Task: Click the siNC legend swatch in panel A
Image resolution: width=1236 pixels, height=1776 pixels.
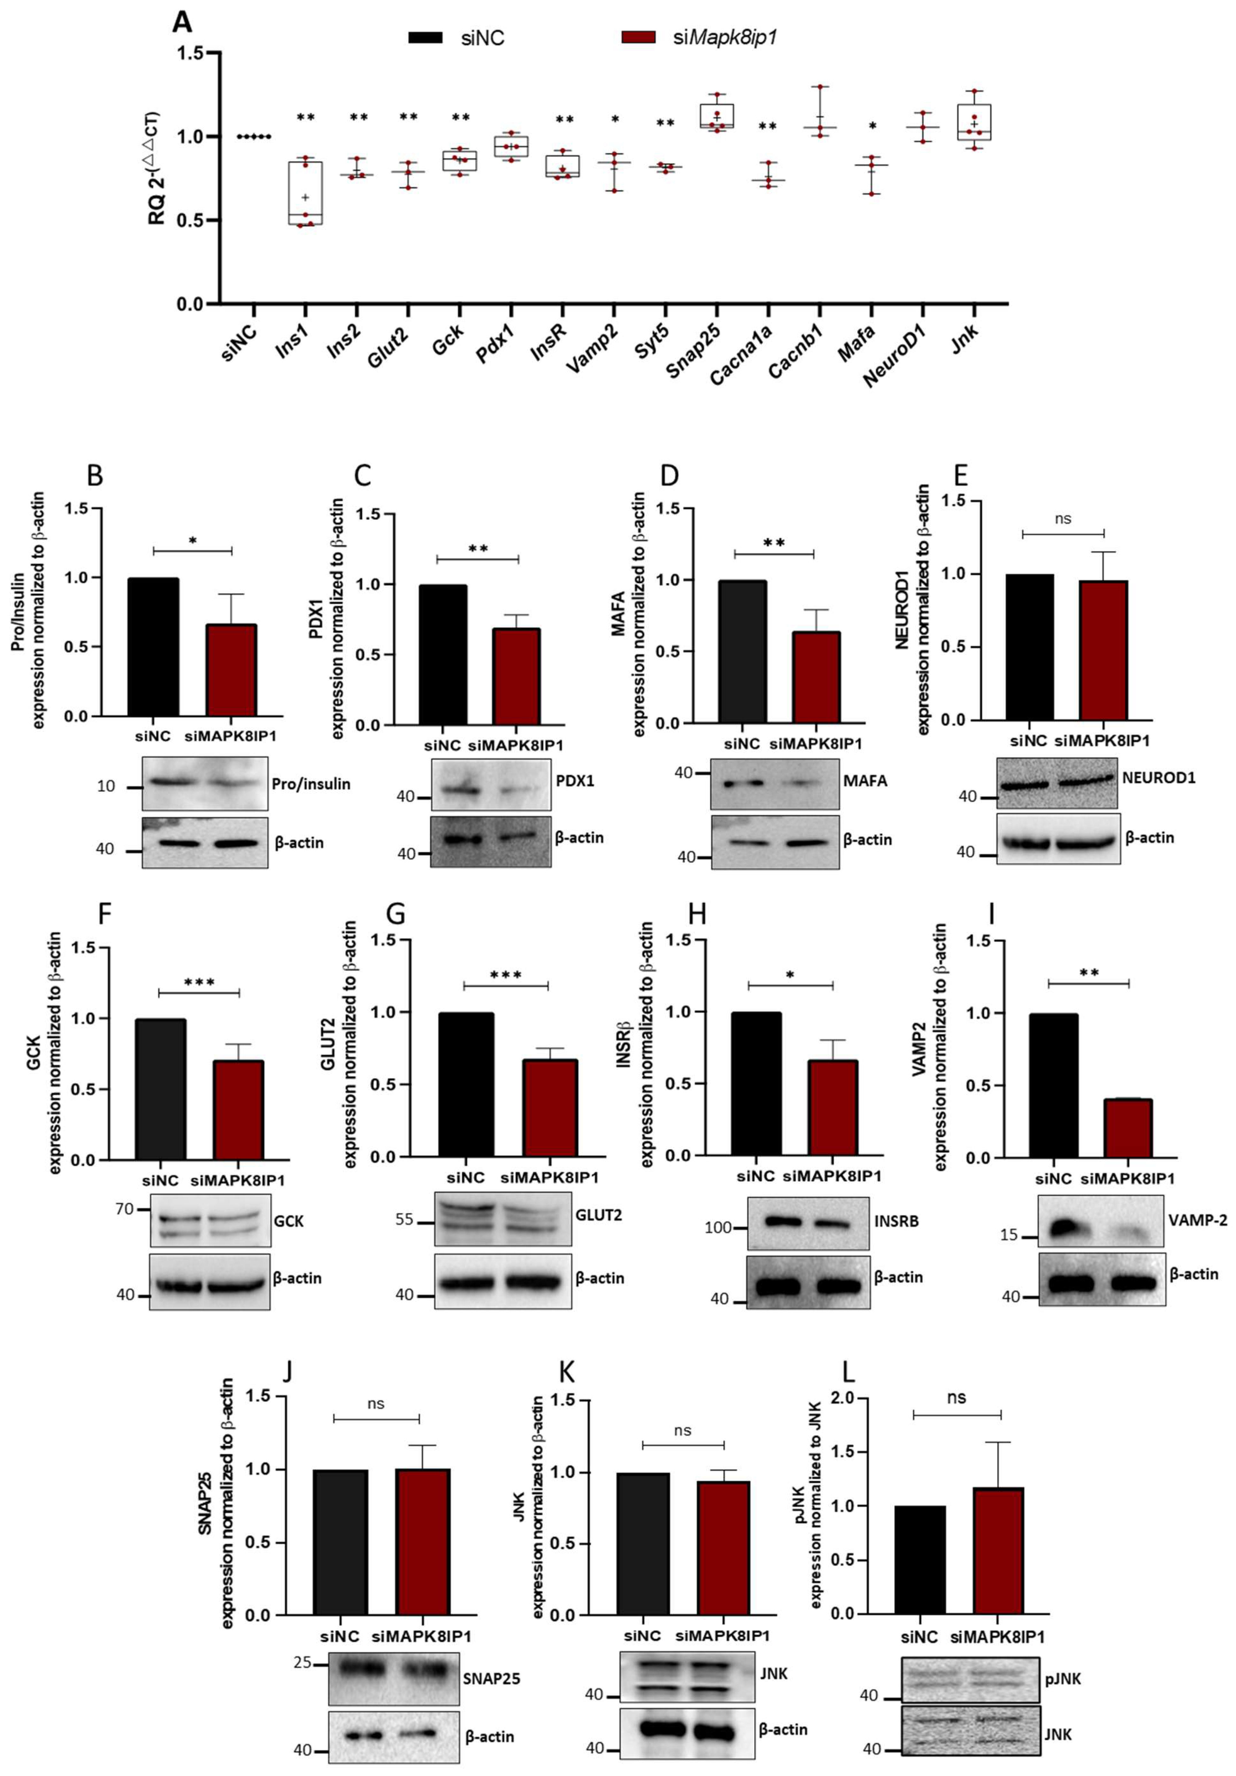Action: (425, 37)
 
